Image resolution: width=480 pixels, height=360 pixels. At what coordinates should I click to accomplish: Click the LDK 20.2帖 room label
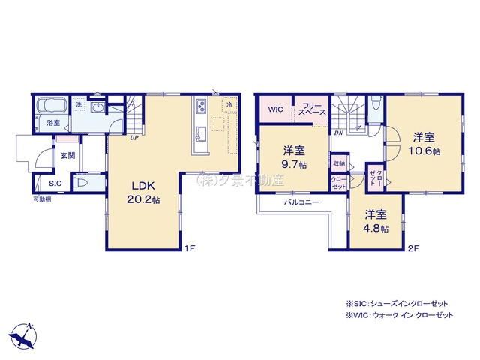tap(142, 193)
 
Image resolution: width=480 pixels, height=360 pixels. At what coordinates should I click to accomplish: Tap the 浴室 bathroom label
tap(53, 122)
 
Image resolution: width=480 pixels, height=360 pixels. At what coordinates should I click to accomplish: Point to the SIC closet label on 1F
tap(55, 183)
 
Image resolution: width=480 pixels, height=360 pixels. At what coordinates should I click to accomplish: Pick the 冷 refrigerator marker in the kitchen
tap(228, 105)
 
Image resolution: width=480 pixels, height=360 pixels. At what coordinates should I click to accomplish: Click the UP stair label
tap(133, 139)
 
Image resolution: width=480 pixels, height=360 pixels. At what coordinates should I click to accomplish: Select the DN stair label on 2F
tap(339, 133)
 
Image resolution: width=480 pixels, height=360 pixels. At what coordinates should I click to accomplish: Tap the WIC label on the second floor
tap(275, 109)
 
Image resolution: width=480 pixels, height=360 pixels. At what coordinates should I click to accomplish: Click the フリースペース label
tap(311, 109)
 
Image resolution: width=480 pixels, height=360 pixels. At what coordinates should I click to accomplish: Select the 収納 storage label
tap(338, 163)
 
